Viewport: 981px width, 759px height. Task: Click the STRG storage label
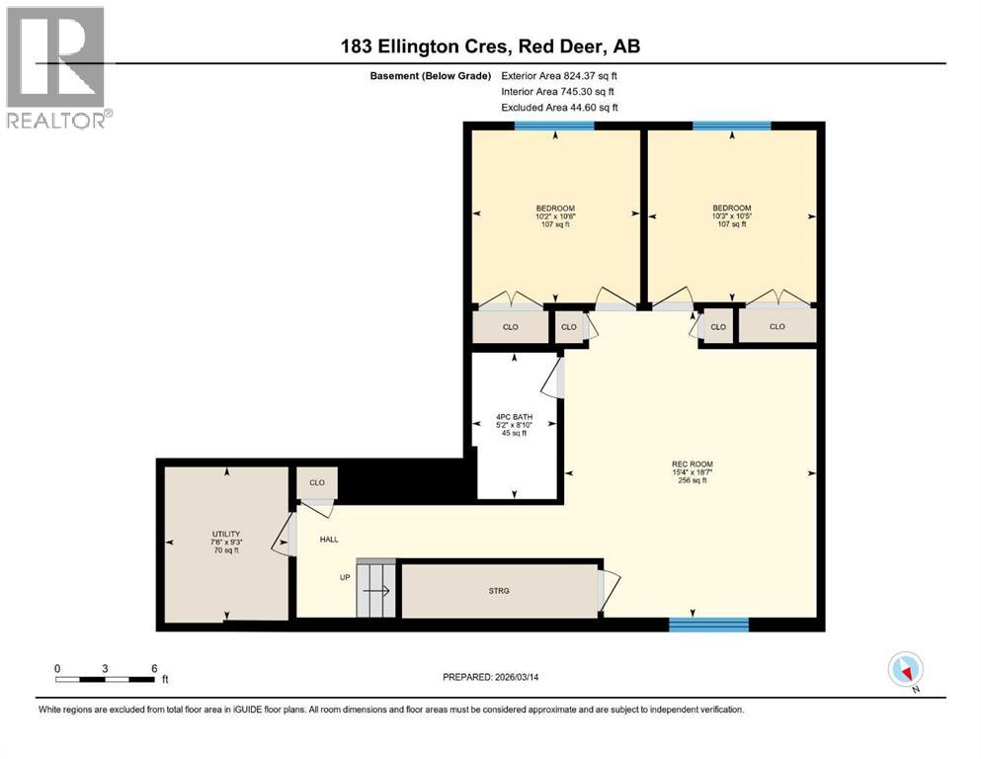coord(498,590)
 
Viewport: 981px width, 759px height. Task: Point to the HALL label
coord(329,540)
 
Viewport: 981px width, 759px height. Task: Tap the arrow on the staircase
coord(374,592)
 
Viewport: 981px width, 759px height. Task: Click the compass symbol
coord(905,669)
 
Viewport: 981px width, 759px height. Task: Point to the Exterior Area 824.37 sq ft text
coord(559,76)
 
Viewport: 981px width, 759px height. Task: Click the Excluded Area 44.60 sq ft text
coord(559,108)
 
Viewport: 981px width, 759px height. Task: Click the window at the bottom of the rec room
coord(708,624)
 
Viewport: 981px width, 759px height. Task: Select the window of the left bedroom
coord(554,126)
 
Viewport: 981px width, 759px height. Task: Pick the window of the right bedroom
coord(731,126)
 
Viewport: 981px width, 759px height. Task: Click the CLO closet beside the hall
coord(317,483)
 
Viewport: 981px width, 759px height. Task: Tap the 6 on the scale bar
coord(154,667)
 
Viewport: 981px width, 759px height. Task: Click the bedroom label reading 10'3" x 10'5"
coord(731,215)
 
